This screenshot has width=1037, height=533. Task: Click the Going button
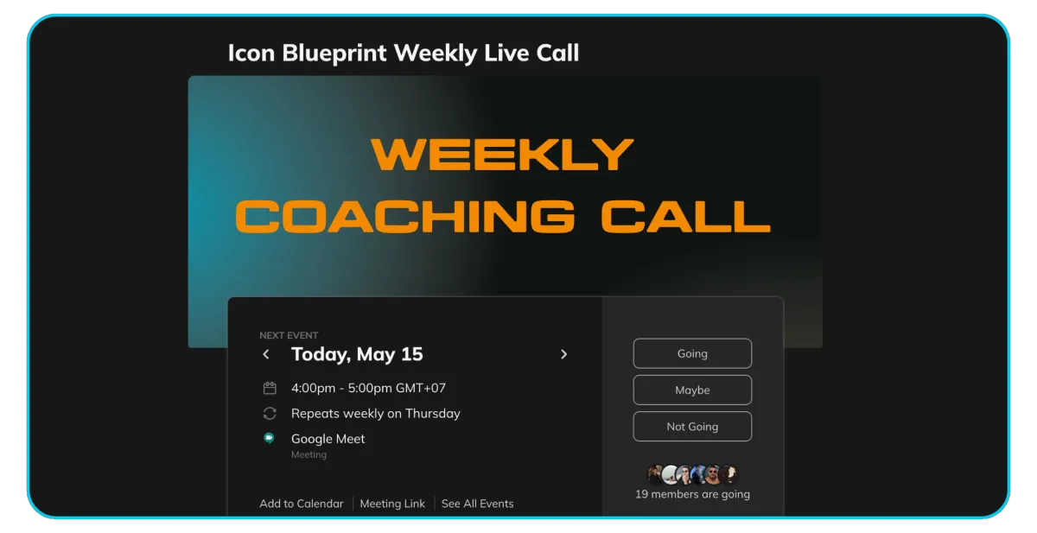[x=692, y=353]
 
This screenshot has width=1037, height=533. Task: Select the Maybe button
[x=692, y=390]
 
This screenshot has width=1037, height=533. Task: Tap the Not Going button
[x=692, y=427]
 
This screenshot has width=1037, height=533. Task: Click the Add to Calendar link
[x=302, y=504]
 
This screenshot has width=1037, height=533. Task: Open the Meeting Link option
[x=392, y=504]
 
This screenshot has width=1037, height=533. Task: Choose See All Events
[x=477, y=504]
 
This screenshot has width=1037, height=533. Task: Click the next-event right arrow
[x=563, y=354]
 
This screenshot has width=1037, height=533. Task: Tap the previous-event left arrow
[x=266, y=354]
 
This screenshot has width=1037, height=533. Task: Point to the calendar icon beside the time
[x=270, y=388]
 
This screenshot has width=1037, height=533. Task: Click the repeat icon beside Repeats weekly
[x=270, y=413]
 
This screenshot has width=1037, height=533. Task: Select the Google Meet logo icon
[x=269, y=438]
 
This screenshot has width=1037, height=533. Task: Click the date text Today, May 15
[x=357, y=354]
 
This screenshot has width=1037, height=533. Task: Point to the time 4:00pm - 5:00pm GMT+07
[x=368, y=388]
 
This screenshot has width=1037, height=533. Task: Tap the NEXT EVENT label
[x=289, y=335]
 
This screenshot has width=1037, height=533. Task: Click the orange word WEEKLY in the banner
[x=502, y=155]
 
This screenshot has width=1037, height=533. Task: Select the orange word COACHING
[x=405, y=217]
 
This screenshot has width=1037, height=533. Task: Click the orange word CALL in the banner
[x=685, y=217]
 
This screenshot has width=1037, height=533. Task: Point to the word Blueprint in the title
[x=334, y=54]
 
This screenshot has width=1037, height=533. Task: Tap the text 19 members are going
[x=692, y=494]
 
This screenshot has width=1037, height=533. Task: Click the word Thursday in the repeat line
[x=432, y=413]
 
